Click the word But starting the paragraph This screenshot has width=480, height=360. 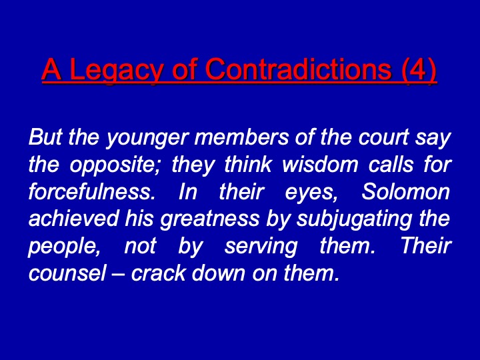pyautogui.click(x=45, y=137)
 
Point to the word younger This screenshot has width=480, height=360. pyautogui.click(x=146, y=139)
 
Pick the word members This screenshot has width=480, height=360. pyautogui.click(x=241, y=137)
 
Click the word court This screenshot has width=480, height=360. pyautogui.click(x=384, y=137)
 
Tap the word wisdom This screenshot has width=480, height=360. pyautogui.click(x=320, y=164)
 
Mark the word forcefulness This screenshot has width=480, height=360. pyautogui.click(x=91, y=191)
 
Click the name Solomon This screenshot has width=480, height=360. pyautogui.click(x=405, y=191)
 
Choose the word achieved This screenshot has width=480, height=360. pyautogui.click(x=73, y=218)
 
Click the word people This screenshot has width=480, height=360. pyautogui.click(x=65, y=247)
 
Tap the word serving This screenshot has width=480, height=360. pyautogui.click(x=261, y=247)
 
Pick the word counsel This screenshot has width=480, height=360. pyautogui.click(x=67, y=273)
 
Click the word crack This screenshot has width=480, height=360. pyautogui.click(x=159, y=273)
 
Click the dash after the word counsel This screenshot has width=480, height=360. pyautogui.click(x=119, y=274)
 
